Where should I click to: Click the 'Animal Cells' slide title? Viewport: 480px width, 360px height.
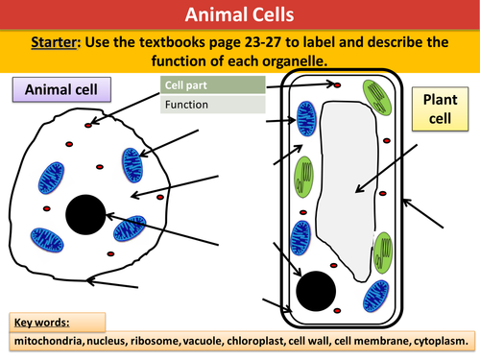coord(239,14)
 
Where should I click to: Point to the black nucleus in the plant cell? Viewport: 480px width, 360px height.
coord(317,289)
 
